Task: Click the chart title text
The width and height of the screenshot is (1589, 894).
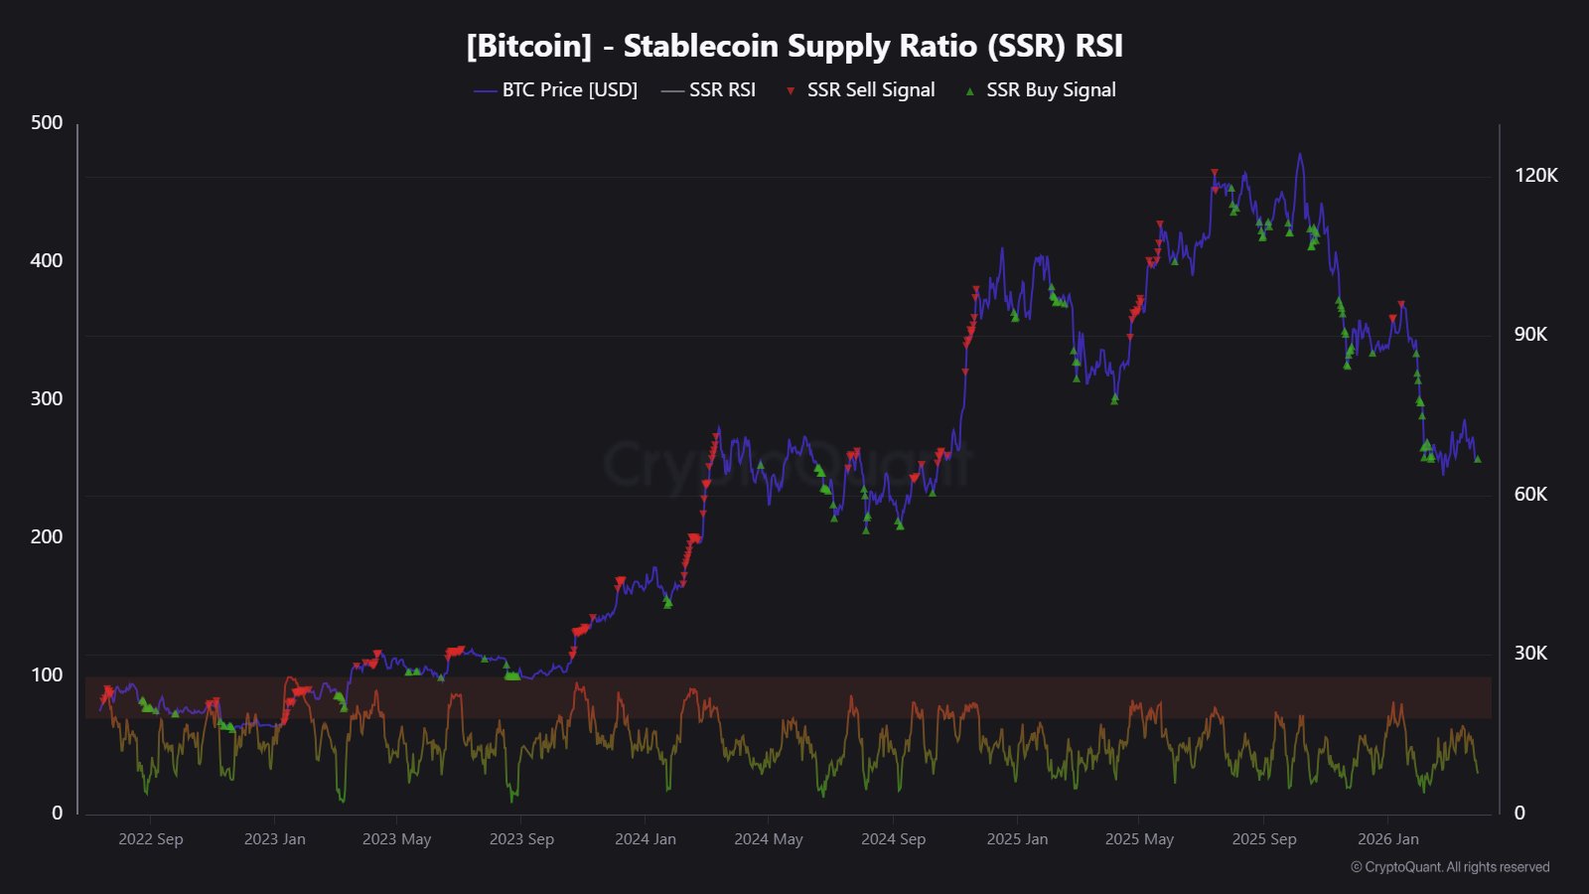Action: coord(794,46)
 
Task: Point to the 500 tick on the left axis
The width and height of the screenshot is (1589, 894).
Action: coord(47,123)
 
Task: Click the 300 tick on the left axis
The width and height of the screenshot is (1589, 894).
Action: coord(47,399)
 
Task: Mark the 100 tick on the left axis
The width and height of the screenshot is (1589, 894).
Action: coord(47,675)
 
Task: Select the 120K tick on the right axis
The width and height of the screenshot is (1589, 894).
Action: coord(1535,176)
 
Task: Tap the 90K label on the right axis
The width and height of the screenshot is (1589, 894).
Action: coord(1530,335)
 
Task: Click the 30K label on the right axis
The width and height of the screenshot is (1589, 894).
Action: coord(1530,654)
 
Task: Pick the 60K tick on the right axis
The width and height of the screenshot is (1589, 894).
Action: coord(1530,495)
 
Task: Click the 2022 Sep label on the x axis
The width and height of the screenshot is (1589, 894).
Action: coord(151,839)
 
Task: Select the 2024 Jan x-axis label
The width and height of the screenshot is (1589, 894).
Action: coord(646,839)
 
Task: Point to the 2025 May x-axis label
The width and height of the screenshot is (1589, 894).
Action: coord(1139,839)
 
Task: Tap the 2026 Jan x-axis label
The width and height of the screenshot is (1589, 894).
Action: coord(1388,839)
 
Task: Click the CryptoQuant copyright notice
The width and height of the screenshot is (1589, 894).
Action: coord(1450,867)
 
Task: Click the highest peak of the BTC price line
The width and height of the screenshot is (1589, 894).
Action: coord(1299,155)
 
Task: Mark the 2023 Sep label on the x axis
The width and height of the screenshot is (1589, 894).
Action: coord(521,839)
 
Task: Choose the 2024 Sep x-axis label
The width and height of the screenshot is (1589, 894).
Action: coord(893,839)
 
